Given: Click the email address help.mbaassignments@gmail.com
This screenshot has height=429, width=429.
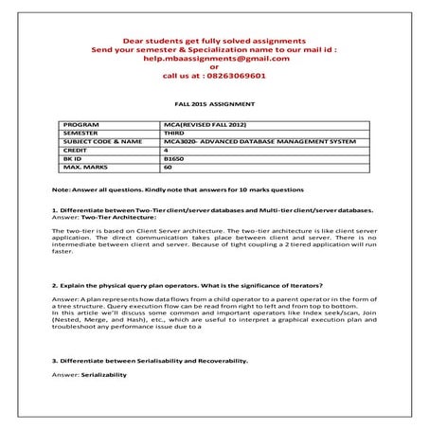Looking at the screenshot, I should (214, 58).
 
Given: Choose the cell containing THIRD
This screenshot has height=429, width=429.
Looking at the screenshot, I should (175, 133).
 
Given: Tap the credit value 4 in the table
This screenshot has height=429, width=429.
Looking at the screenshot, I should (166, 150).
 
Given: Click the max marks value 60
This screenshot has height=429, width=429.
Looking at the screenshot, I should (168, 167).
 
